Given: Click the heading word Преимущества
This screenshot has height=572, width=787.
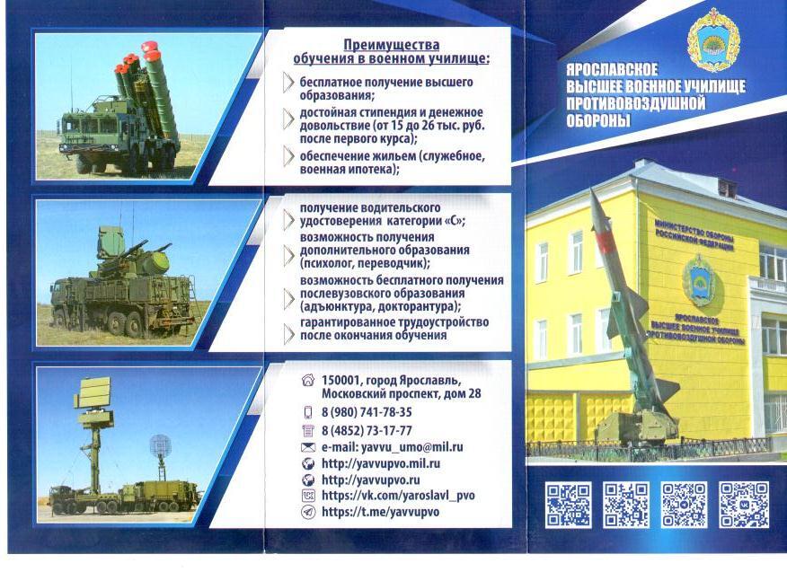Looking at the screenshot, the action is coord(392,45).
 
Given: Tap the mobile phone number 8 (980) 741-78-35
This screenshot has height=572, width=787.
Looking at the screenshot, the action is coord(367,412).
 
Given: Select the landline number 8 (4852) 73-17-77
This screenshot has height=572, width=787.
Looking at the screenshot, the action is coord(367,431).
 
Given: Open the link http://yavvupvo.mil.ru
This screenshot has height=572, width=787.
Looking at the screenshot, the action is coord(381,463).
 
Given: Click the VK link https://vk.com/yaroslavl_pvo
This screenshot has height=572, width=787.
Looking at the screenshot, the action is coord(398,496).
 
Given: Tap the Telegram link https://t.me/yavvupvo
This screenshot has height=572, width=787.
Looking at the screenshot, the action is coord(380,512).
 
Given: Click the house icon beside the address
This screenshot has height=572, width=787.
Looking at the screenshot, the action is coord(307,380).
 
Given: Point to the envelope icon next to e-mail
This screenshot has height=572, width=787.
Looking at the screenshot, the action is coord(307,447).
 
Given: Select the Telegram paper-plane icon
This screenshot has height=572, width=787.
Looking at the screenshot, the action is coord(307,512).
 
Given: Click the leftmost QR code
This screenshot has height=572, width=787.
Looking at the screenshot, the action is coord(569,505).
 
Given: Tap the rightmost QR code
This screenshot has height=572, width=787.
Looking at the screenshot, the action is coord(743,505).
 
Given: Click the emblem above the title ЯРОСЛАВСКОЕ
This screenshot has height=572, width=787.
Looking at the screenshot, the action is coord(713,40).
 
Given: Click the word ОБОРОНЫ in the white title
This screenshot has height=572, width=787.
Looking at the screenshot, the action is coord(597,121).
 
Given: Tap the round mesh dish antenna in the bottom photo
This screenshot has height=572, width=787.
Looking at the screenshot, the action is coord(160,445).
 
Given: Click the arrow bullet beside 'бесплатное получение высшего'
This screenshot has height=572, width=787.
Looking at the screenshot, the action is coord(288,83).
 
